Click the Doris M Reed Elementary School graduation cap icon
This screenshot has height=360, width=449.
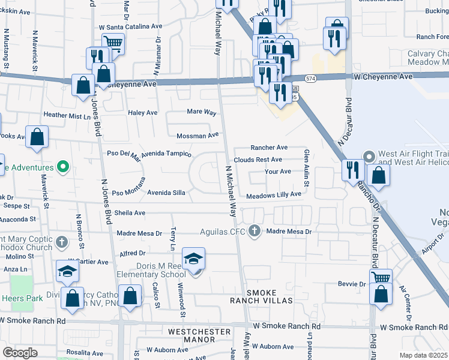point(193,259)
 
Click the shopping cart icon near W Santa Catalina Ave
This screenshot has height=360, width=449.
point(112,42)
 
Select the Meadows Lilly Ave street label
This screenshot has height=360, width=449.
point(274,194)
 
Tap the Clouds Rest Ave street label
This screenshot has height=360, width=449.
point(258,160)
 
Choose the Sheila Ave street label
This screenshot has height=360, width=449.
point(130,212)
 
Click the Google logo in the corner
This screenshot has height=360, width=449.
point(20,352)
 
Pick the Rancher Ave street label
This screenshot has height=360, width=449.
point(270,147)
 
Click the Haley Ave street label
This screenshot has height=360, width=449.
point(143,112)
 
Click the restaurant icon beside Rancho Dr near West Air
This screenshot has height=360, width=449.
point(352,170)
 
